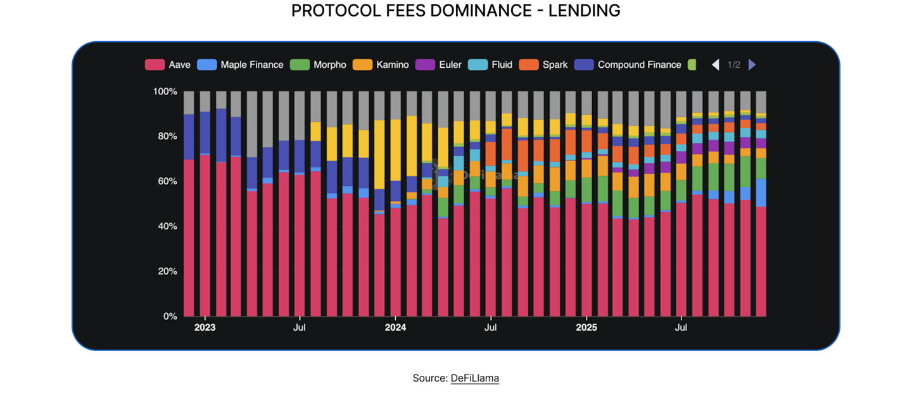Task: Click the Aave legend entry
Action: pyautogui.click(x=168, y=65)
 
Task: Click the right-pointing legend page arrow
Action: pyautogui.click(x=752, y=65)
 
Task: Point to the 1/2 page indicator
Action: pyautogui.click(x=733, y=65)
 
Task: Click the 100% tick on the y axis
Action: pyautogui.click(x=165, y=92)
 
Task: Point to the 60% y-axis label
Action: pyautogui.click(x=166, y=181)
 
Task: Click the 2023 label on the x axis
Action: pyautogui.click(x=205, y=328)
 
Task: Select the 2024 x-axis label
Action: pyautogui.click(x=395, y=328)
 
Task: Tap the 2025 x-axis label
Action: pyautogui.click(x=586, y=328)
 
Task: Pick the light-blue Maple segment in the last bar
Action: pyautogui.click(x=761, y=193)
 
